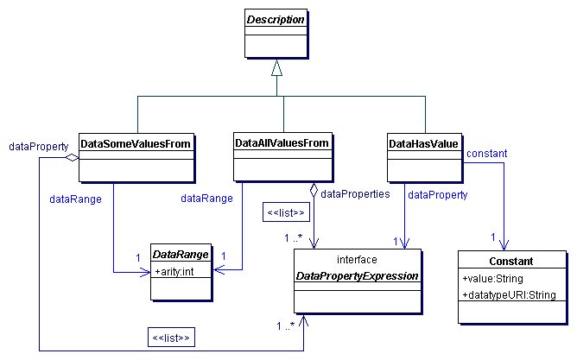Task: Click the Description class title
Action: point(276,18)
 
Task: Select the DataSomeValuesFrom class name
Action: point(135,142)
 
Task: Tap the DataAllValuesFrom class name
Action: point(283,142)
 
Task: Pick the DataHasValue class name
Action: point(424,142)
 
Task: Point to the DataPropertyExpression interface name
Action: point(358,276)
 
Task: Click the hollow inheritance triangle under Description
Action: point(276,66)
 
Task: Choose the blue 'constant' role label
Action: point(486,154)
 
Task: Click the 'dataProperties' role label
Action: point(355,194)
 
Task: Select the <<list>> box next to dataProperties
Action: point(286,212)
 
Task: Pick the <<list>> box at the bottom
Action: point(172,338)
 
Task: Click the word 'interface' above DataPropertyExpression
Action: point(358,259)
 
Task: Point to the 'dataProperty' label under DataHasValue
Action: point(437,195)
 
